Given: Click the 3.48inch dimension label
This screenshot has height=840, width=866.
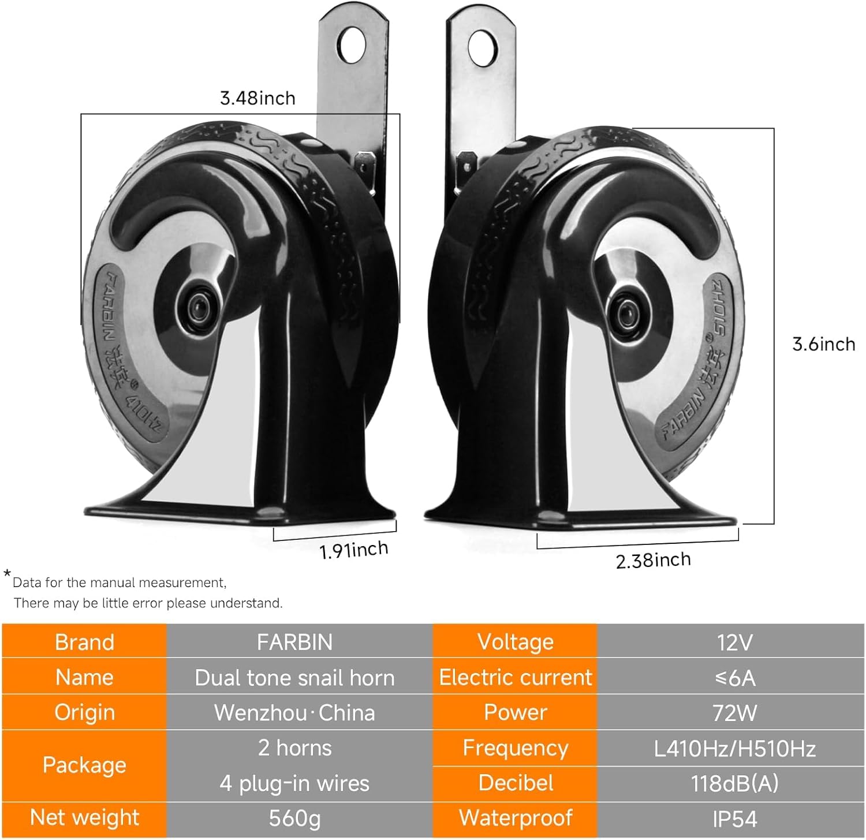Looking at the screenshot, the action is (x=257, y=98).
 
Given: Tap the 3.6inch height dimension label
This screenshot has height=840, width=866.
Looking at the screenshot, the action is (x=823, y=344).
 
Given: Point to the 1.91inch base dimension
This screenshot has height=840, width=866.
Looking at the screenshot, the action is (x=354, y=550).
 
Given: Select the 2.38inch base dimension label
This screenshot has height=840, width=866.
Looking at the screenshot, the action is (x=653, y=560).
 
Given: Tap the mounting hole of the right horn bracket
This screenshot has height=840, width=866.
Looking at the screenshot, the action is (x=483, y=47).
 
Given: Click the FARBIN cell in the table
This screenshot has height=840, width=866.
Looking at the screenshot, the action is (x=294, y=642).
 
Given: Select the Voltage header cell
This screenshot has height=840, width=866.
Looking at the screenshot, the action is (x=515, y=642).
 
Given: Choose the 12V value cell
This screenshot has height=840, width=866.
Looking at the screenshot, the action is (x=734, y=642).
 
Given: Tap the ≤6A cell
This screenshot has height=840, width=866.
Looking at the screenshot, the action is (x=734, y=677).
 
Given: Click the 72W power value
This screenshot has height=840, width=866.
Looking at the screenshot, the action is (x=734, y=713).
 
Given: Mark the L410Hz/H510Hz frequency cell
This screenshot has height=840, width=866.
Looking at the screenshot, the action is (x=734, y=749).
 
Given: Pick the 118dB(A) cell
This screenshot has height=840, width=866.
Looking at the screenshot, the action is (x=734, y=783).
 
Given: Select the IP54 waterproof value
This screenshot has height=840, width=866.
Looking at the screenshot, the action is (x=734, y=819).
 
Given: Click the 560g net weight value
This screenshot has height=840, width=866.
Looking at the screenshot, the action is (x=294, y=818).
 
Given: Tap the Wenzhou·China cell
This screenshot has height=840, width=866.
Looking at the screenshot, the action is (x=294, y=713).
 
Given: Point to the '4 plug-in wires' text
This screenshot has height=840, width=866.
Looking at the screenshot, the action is (x=294, y=783).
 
